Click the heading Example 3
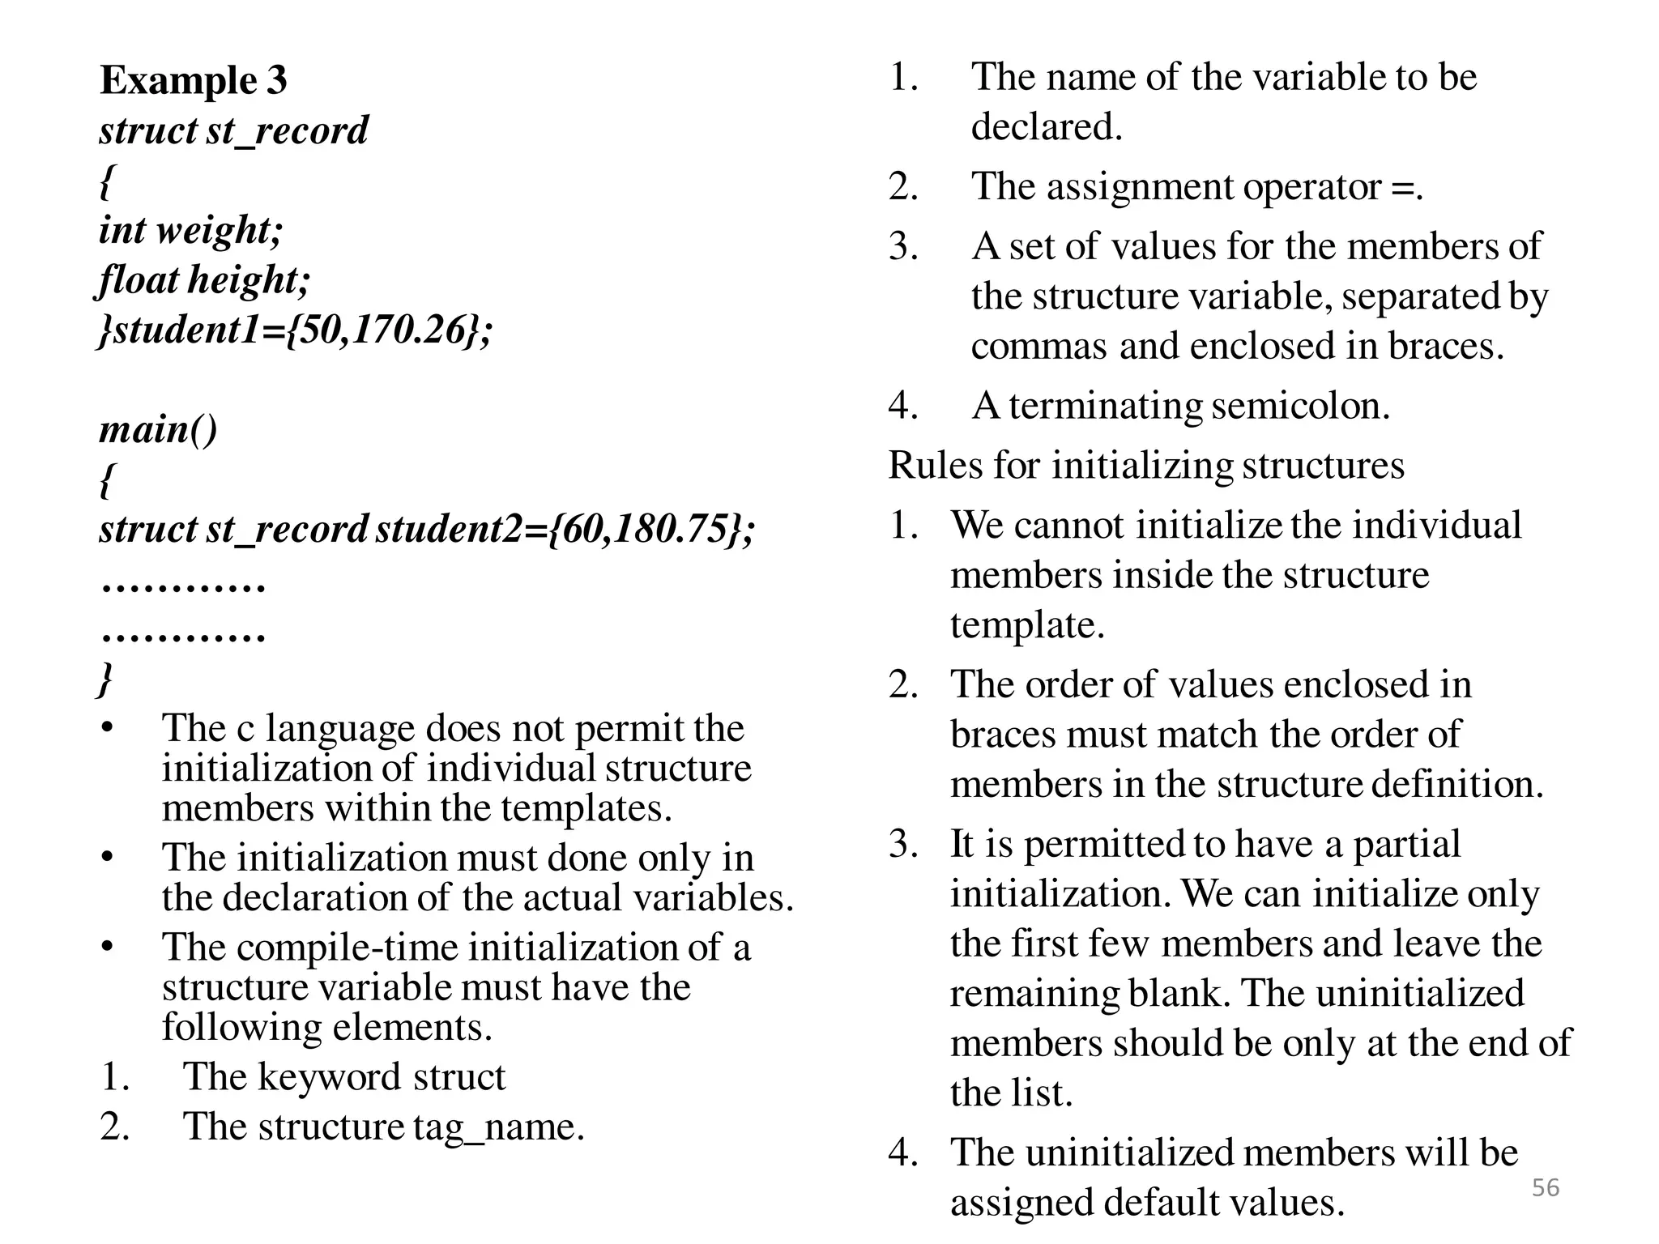pyautogui.click(x=193, y=80)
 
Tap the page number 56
pyautogui.click(x=1545, y=1187)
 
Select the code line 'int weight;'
pyautogui.click(x=191, y=230)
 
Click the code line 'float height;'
pyautogui.click(x=204, y=280)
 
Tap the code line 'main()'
pyautogui.click(x=159, y=429)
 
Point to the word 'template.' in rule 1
pyautogui.click(x=1027, y=625)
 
